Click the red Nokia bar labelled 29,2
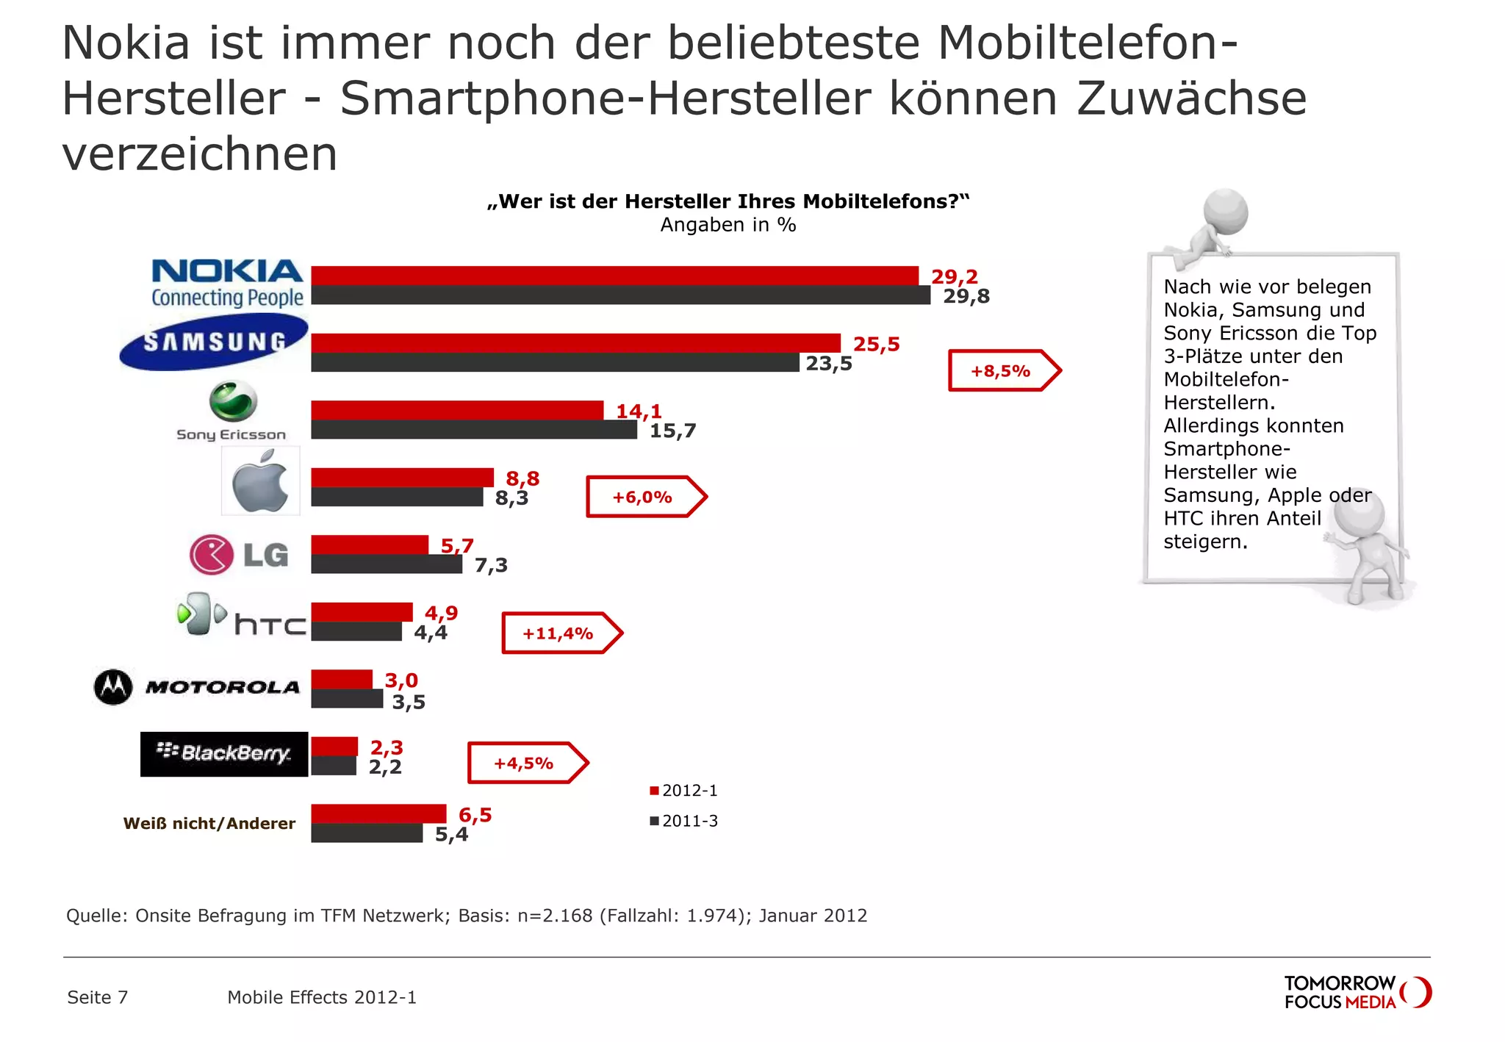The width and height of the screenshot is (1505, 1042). point(614,276)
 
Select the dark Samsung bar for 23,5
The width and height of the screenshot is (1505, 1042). point(555,362)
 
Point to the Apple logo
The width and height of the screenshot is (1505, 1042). point(260,482)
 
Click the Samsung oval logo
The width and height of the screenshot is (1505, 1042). point(214,342)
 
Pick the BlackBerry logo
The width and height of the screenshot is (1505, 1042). point(224,754)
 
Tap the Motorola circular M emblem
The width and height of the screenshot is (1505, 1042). point(113,687)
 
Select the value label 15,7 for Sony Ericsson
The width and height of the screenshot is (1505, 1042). point(672,431)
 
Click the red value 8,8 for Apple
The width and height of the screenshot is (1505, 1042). point(522,479)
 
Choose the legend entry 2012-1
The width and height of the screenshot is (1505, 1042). point(683,791)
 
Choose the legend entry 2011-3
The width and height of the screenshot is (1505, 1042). point(683,821)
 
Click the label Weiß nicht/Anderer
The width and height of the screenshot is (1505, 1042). point(209,824)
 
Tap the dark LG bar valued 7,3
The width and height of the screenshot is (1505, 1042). point(387,564)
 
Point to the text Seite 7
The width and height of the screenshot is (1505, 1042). point(98,997)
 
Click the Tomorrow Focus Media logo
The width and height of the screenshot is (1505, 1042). point(1357,992)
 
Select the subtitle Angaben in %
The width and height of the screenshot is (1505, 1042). point(728,225)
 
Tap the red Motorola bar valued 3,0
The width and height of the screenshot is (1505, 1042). point(342,679)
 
